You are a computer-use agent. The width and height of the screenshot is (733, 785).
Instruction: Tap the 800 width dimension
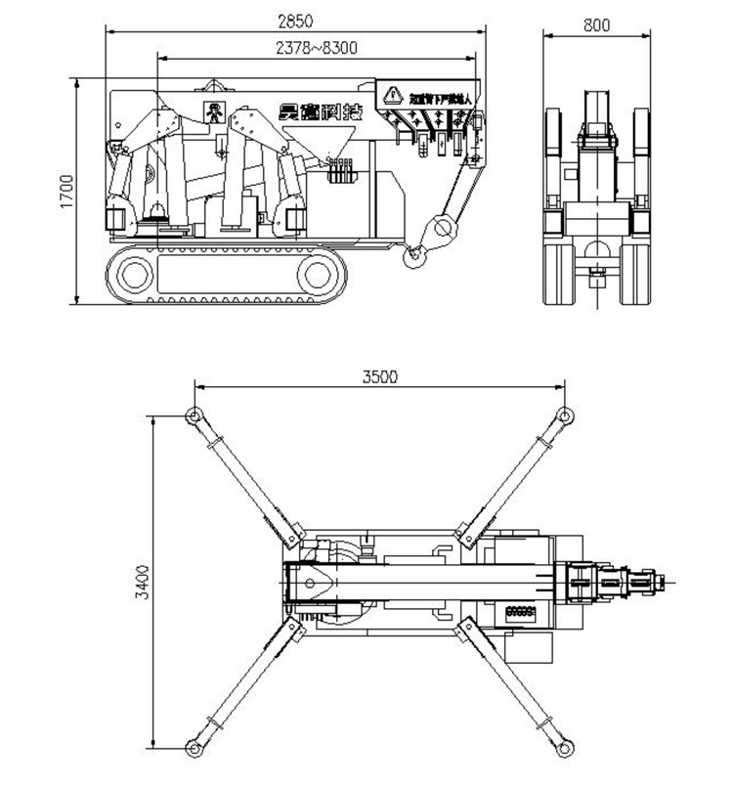point(596,25)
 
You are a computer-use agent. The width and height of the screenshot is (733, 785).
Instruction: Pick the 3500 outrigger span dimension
point(379,377)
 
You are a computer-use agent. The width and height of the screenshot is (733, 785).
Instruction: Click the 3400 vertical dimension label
point(141,583)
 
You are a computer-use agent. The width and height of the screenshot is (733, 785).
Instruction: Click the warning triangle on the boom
point(393,95)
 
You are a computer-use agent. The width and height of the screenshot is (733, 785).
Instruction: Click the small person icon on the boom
point(212,110)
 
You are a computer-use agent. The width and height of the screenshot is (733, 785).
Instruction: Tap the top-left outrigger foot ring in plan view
point(194,417)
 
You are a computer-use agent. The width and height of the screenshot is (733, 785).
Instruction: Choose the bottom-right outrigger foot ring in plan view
point(564,748)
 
